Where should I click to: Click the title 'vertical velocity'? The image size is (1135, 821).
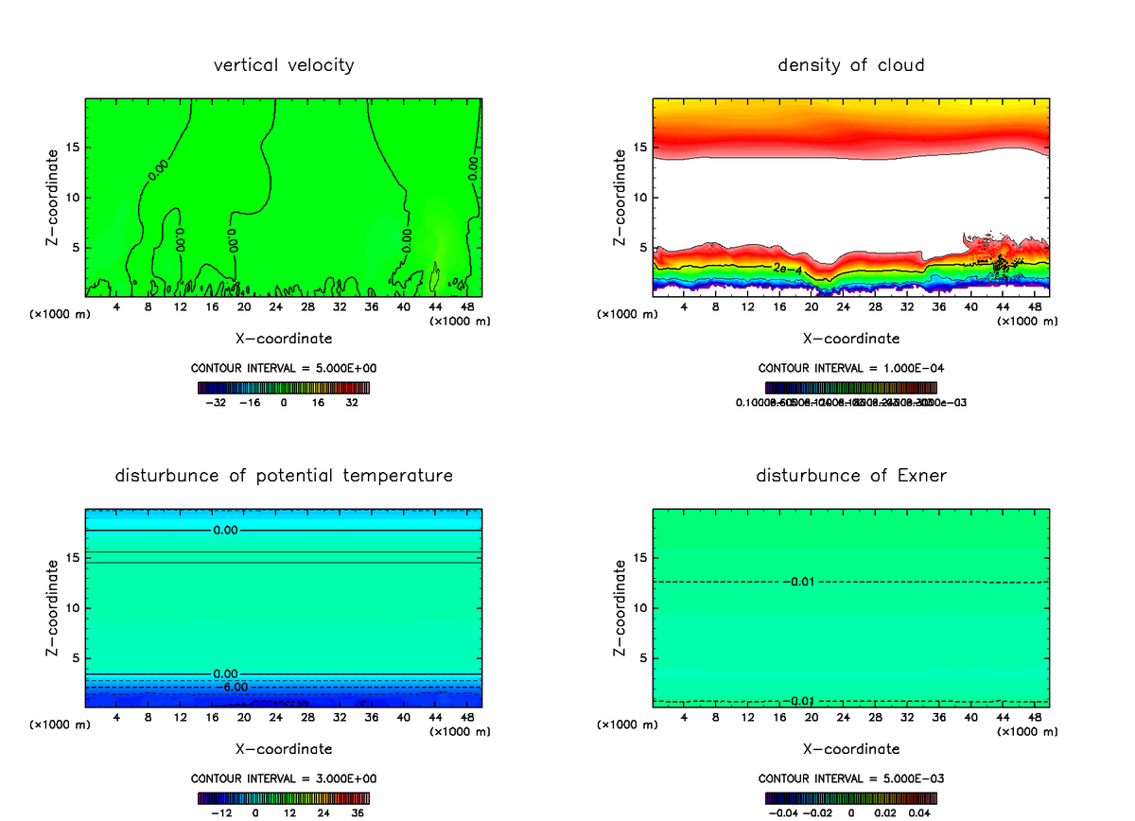click(x=284, y=65)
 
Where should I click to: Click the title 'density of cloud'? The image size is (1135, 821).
click(x=850, y=65)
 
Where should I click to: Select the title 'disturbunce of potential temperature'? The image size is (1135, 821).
click(x=284, y=475)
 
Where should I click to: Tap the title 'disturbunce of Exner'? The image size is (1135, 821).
click(x=850, y=475)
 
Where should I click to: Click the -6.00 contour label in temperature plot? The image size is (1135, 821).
click(x=232, y=687)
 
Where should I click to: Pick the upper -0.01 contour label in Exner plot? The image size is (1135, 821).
click(x=802, y=581)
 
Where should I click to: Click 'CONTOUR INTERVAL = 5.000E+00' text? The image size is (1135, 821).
click(x=284, y=367)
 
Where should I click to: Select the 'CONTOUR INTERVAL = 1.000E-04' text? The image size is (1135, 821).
click(x=850, y=367)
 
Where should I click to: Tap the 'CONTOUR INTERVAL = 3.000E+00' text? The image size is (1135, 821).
click(x=284, y=777)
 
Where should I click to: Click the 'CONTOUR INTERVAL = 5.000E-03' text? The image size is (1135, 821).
click(x=850, y=777)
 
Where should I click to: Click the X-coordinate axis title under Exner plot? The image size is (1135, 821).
click(x=850, y=748)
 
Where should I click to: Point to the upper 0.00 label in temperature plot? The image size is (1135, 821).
click(x=225, y=531)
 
